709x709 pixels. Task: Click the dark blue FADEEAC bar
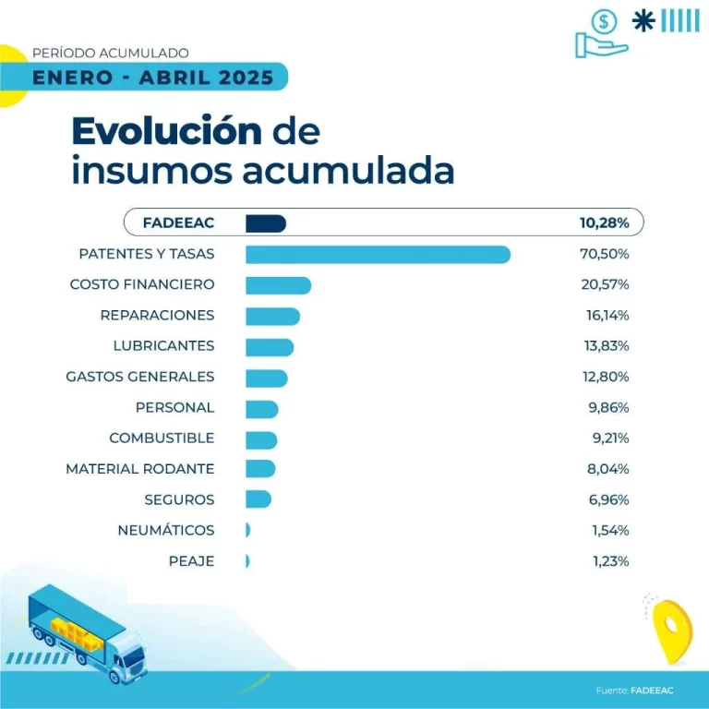pyautogui.click(x=266, y=222)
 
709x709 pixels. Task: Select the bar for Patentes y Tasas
pyautogui.click(x=378, y=254)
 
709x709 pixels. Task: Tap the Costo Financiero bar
pyautogui.click(x=278, y=284)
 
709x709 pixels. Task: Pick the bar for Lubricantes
pyautogui.click(x=270, y=346)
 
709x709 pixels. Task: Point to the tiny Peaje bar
pyautogui.click(x=247, y=561)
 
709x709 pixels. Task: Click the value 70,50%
pyautogui.click(x=605, y=254)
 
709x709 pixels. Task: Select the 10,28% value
pyautogui.click(x=605, y=222)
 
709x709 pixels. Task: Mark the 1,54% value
pyautogui.click(x=608, y=531)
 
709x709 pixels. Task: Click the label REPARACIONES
pyautogui.click(x=157, y=316)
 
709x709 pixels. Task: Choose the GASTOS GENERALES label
pyautogui.click(x=140, y=377)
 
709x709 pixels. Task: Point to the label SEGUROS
pyautogui.click(x=179, y=500)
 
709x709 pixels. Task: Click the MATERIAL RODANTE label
pyautogui.click(x=140, y=469)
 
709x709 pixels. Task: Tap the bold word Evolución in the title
pyautogui.click(x=166, y=132)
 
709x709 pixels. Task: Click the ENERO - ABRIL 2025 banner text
pyautogui.click(x=152, y=78)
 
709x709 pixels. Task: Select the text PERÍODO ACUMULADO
pyautogui.click(x=110, y=54)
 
